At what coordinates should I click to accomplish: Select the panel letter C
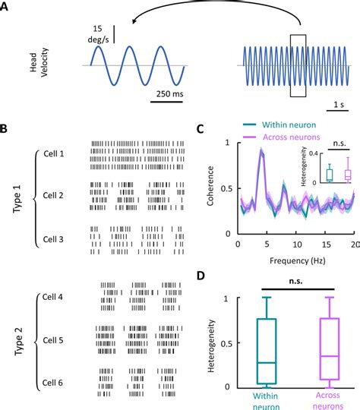tap(200, 130)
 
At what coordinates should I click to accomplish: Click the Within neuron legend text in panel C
tap(297, 125)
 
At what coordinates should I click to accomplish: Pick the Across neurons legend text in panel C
tap(298, 137)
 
